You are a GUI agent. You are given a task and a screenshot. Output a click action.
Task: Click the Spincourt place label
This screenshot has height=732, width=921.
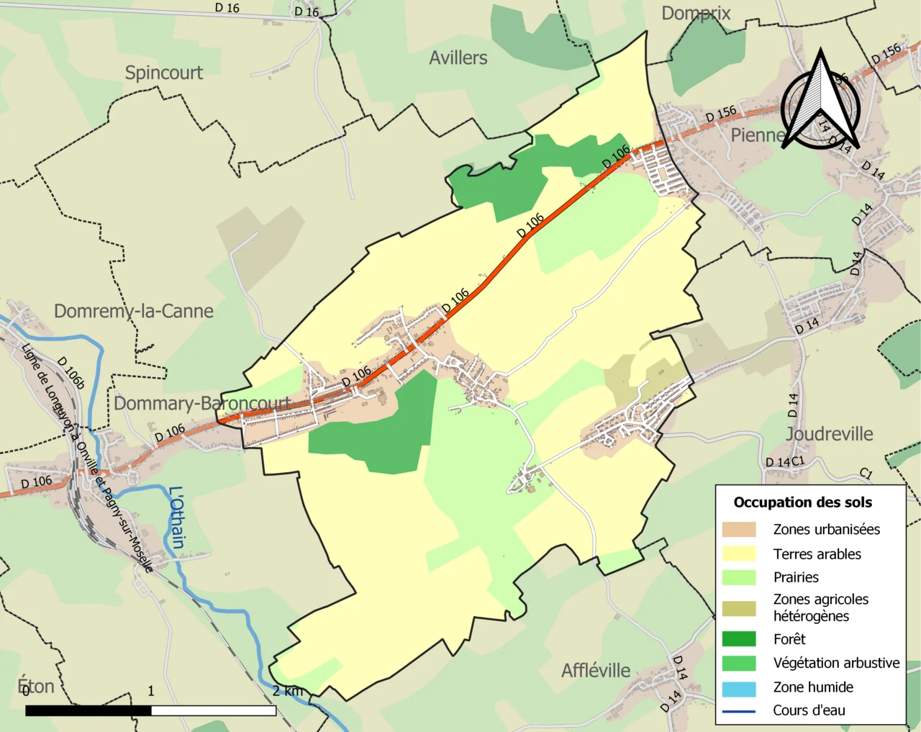click(x=163, y=73)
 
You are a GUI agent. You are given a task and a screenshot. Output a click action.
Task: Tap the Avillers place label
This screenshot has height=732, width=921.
click(x=458, y=58)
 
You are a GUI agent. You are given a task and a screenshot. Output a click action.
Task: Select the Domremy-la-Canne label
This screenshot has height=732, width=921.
click(x=134, y=311)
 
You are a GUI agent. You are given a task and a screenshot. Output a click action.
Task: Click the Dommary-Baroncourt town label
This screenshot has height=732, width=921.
click(x=202, y=403)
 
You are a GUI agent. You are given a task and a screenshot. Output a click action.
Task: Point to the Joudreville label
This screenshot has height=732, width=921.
click(x=829, y=434)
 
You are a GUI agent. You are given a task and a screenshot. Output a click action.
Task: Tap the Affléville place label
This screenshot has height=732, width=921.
click(x=596, y=670)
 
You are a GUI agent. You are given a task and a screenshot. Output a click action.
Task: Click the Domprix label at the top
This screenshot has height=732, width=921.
click(x=695, y=13)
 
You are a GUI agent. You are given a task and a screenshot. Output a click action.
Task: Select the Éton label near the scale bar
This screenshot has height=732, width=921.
click(x=36, y=686)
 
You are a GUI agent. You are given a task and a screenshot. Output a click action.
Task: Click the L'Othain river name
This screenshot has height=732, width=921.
click(x=177, y=518)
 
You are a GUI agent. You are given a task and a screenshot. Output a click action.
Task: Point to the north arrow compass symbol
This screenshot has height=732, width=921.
click(x=821, y=101)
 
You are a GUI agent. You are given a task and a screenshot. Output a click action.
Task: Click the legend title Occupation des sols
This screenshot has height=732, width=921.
click(x=802, y=502)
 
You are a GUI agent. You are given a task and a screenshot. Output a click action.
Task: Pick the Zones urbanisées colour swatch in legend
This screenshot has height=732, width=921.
click(x=739, y=530)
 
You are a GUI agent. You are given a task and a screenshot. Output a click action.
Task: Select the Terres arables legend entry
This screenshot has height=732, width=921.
click(x=817, y=553)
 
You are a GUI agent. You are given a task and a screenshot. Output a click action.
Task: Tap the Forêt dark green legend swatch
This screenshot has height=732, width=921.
click(x=739, y=639)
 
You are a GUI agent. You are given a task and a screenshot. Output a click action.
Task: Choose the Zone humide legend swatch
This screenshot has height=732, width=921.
click(x=739, y=688)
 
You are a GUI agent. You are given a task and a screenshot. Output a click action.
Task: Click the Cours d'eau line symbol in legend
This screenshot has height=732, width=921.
click(x=739, y=711)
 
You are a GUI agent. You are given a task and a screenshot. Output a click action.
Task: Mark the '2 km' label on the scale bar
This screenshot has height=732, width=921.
click(x=288, y=691)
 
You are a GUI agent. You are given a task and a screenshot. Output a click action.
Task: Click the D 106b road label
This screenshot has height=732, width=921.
click(x=71, y=373)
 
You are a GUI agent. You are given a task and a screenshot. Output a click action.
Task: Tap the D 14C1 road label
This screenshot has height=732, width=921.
click(x=784, y=462)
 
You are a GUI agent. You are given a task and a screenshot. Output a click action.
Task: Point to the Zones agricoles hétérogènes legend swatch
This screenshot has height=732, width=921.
click(x=739, y=608)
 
